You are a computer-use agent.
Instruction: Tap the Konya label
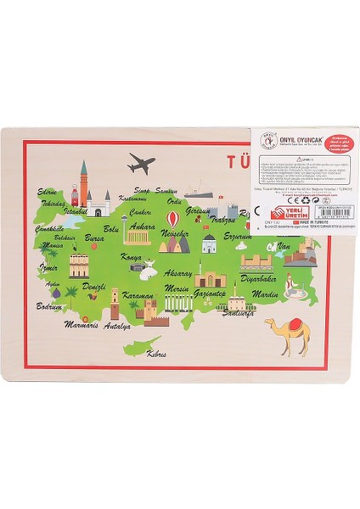[x=132, y=256]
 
